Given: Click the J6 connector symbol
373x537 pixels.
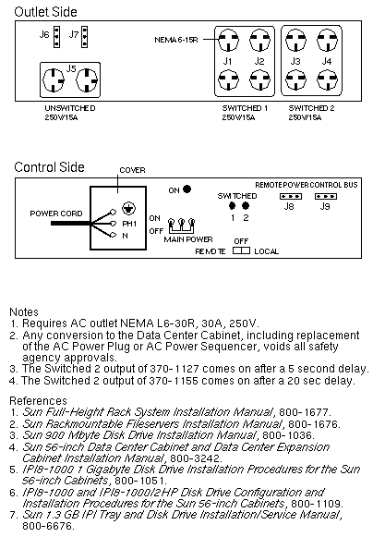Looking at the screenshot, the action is pos(57,37).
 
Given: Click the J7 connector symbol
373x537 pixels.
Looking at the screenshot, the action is pos(84,37).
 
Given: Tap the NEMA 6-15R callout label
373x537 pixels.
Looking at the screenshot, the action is pos(176,40).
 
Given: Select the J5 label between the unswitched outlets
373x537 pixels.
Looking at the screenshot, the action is pos(71,68).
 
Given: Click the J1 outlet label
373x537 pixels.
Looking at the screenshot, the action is pos(227,61).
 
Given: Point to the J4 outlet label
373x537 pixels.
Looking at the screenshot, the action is pos(327,61).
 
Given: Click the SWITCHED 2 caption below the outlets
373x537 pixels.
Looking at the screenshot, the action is pos(311,108).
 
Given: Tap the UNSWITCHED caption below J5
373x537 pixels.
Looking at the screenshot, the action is pos(70,108).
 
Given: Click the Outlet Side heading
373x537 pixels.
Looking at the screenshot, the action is pos(45,12).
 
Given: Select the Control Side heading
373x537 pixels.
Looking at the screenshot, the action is pos(49,167).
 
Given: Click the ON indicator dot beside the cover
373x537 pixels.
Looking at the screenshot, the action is pos(186,189).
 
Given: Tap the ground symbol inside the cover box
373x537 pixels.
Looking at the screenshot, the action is pos(128,209).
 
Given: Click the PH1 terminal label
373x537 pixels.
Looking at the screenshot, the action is pos(129,224).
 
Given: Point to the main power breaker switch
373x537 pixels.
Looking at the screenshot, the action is pos(182,226).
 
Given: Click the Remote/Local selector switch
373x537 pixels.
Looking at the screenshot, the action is pos(241,250).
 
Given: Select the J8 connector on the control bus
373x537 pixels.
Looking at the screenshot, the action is pos(291,197).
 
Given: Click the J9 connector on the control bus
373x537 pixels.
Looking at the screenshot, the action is pos(326,197).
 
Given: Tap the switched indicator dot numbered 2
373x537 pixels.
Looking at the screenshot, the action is pos(246,206).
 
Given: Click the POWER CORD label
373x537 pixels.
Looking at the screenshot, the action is pos(56,214).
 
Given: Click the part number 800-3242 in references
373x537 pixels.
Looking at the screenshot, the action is pos(196,458).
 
